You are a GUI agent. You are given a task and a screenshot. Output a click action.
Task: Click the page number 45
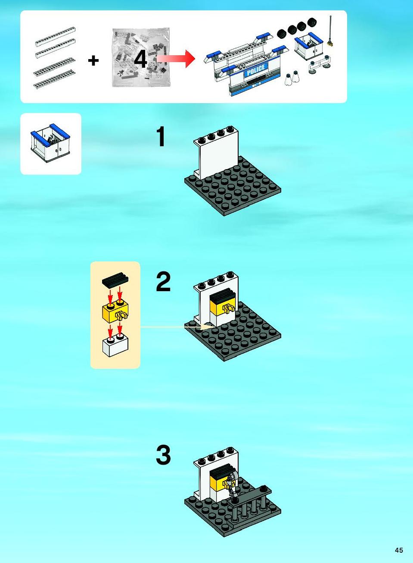pos(399,550)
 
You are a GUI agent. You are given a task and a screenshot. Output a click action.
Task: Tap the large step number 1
pos(161,136)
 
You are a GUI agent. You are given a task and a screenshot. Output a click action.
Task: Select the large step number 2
pos(163,282)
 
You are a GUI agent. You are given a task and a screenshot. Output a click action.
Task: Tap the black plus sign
pos(93,60)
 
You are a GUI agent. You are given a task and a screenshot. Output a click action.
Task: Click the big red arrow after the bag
pos(176,59)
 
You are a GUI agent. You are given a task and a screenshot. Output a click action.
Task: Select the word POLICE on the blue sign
pos(256,70)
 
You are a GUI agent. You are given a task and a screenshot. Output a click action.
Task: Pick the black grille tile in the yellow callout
pos(115,279)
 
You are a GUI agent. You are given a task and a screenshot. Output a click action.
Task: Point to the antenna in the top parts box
pos(331,31)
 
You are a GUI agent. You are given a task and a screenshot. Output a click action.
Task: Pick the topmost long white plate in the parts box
pos(55,36)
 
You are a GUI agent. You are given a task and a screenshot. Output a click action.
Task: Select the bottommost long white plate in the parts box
pos(54,79)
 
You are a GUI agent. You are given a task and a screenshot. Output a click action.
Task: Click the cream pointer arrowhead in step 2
pos(206,327)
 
